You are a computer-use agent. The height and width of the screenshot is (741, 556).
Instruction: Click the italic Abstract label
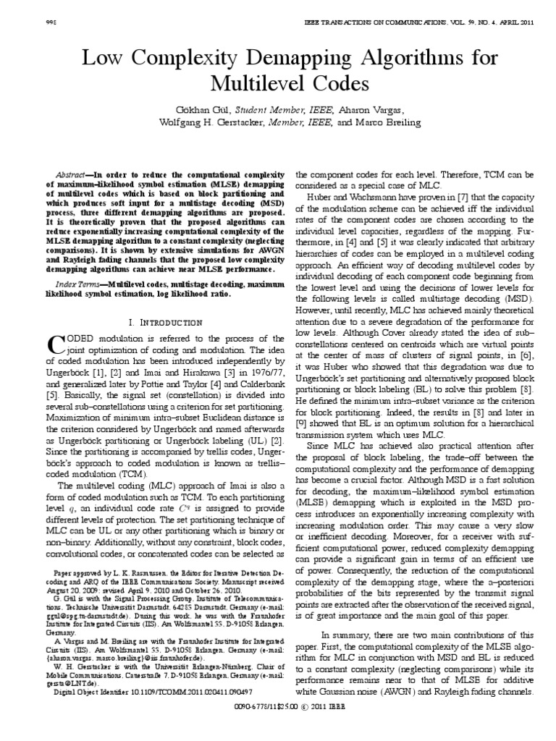72,176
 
